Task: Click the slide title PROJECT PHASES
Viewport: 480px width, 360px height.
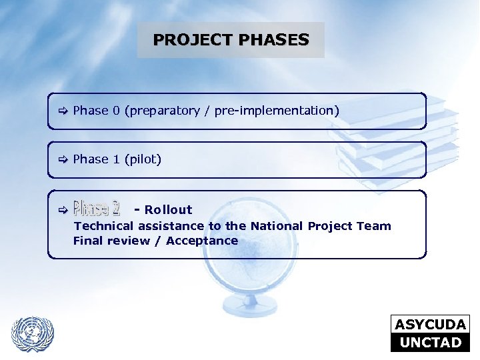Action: (231, 40)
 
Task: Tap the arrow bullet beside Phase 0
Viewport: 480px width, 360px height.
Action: (62, 111)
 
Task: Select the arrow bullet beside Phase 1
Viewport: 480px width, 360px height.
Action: (62, 159)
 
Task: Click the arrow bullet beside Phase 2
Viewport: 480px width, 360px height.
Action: (62, 210)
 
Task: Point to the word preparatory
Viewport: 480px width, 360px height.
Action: (164, 111)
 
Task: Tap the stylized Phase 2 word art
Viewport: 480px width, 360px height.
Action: (97, 209)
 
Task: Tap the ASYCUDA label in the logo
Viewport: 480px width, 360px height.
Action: (430, 325)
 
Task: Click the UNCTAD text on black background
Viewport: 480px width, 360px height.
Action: (430, 343)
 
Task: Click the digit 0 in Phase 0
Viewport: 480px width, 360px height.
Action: (116, 111)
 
